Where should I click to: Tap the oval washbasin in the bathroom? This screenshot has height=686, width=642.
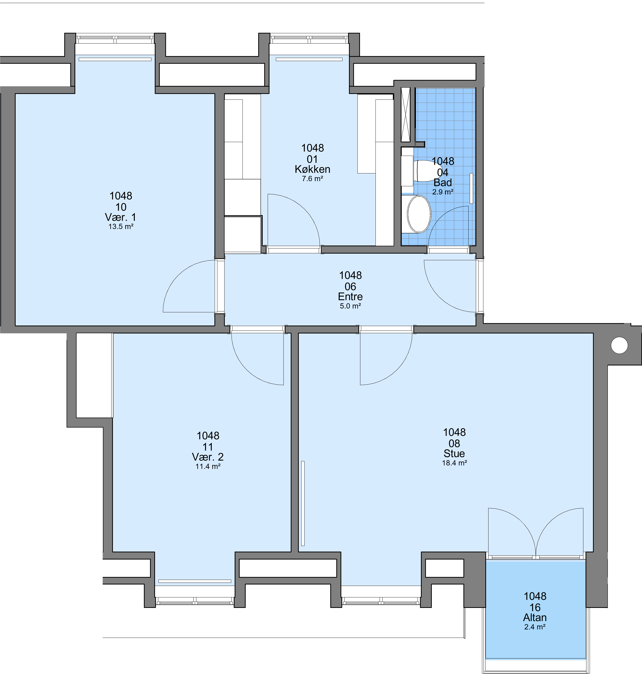419,214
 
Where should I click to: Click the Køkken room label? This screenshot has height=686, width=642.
312,169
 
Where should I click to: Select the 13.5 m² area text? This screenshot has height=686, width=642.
121,227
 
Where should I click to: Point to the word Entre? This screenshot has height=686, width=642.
350,296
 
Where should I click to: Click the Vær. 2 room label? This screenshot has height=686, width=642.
208,457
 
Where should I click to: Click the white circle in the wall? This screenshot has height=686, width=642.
619,345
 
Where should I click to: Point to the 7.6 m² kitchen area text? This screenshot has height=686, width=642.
312,179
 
